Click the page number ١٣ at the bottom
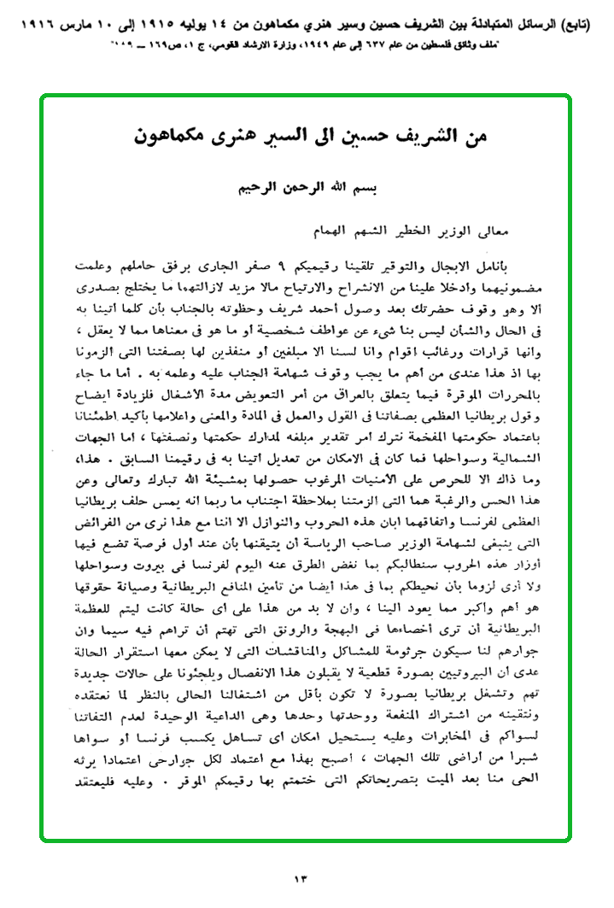pos(306,878)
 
